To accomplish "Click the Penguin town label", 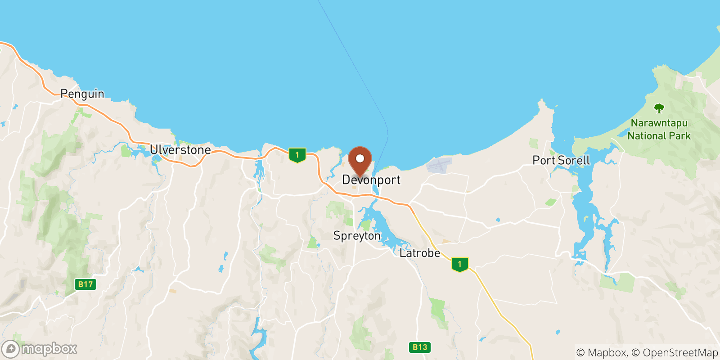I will (82, 94).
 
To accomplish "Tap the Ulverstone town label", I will (180, 150).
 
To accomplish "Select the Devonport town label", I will (371, 180).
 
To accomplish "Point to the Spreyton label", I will (357, 236).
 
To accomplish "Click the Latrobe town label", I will (420, 253).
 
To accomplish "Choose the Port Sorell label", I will (561, 160).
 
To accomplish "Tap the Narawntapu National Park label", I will (659, 129).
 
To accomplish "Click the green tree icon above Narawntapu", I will (659, 108).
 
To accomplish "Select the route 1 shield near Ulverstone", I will (297, 155).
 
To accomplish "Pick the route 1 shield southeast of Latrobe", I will (459, 264).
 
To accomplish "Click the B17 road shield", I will (85, 284).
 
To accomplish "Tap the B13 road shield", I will (420, 347).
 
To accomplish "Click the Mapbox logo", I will (40, 349).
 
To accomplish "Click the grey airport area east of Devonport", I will (438, 165).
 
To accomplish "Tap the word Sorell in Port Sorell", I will (572, 160).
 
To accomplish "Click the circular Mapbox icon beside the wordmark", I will (10, 349).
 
